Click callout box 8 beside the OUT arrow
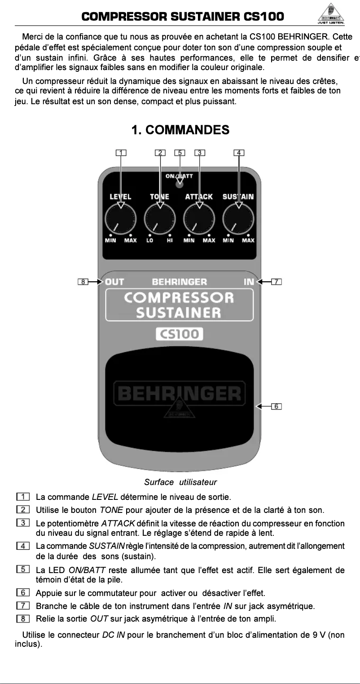83,282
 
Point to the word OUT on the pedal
114,282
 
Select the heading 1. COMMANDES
180,130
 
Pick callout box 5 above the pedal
180,152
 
